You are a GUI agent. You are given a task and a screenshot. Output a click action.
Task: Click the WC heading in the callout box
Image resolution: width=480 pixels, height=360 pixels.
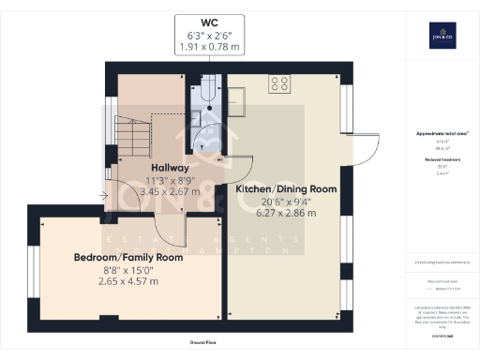[x=209, y=22]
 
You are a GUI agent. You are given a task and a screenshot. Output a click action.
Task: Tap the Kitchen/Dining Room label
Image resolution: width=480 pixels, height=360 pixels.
[x=286, y=189]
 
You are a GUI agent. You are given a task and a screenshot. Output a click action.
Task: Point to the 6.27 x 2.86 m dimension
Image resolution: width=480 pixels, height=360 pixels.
[x=286, y=214]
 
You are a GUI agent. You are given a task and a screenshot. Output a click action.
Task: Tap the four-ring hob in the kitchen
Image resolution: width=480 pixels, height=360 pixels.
[x=279, y=84]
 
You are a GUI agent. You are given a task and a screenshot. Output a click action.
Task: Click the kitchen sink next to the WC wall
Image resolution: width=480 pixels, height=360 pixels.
[x=235, y=100]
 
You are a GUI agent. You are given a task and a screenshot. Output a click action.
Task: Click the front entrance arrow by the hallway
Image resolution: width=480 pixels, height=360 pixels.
[x=102, y=196]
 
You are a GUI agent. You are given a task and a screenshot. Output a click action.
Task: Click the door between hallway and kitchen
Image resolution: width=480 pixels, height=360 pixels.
[x=225, y=165]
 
